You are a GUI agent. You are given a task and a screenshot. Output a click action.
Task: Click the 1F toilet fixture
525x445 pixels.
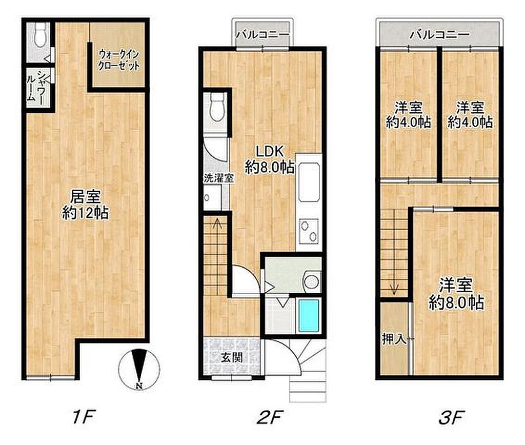pos(41,34)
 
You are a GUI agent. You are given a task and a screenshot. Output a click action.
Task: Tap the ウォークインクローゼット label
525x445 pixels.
pos(119,59)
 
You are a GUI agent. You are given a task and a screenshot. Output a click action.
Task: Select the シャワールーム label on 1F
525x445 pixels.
pos(36,87)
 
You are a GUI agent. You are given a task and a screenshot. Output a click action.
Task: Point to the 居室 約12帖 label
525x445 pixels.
pos(86,205)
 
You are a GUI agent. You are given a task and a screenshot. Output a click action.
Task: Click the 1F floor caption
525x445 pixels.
pos(84,417)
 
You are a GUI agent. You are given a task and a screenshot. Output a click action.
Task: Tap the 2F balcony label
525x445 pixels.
pos(263,34)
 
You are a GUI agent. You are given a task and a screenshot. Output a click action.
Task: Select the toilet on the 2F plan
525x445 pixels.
pos(217,107)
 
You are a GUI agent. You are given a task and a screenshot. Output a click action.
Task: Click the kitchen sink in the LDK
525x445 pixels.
pos(309,182)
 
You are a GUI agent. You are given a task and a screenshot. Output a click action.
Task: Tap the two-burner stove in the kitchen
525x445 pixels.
pos(309,231)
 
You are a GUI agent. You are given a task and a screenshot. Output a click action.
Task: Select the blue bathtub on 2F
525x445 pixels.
pos(309,315)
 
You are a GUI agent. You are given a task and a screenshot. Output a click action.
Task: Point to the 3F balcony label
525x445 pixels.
pos(440,34)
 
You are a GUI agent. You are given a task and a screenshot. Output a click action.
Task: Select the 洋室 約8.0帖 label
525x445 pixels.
pos(456,294)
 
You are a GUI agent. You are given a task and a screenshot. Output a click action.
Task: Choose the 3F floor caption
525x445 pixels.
pos(451,417)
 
